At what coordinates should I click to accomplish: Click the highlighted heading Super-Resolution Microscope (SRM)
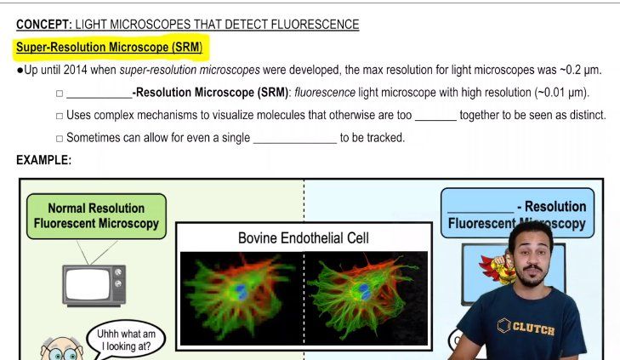[109, 48]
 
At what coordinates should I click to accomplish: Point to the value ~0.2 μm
[579, 70]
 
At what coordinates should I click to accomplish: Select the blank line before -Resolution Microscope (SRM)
[98, 94]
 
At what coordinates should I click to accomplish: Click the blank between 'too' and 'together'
[435, 116]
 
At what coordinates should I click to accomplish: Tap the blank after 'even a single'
[294, 138]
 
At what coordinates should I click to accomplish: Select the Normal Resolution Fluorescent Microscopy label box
[96, 215]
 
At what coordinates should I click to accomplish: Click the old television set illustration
[94, 284]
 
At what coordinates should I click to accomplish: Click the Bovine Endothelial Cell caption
[304, 238]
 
